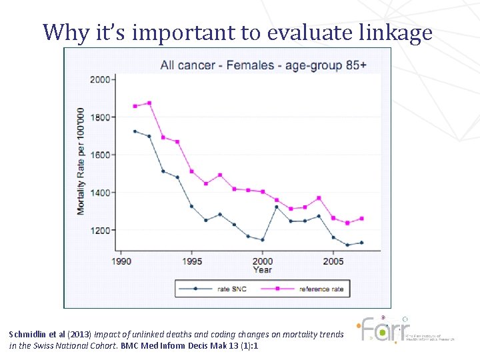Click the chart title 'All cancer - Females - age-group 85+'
263,65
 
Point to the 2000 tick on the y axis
99,79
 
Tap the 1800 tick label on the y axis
99,117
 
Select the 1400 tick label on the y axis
99,193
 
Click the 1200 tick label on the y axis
99,230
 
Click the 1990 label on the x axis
121,261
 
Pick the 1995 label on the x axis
191,261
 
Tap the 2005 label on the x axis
333,261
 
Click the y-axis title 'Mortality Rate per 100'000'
81,161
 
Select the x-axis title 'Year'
262,270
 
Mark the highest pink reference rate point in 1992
149,103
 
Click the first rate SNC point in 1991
135,131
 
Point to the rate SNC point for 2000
263,240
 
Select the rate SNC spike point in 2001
277,207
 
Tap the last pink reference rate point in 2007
361,218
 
